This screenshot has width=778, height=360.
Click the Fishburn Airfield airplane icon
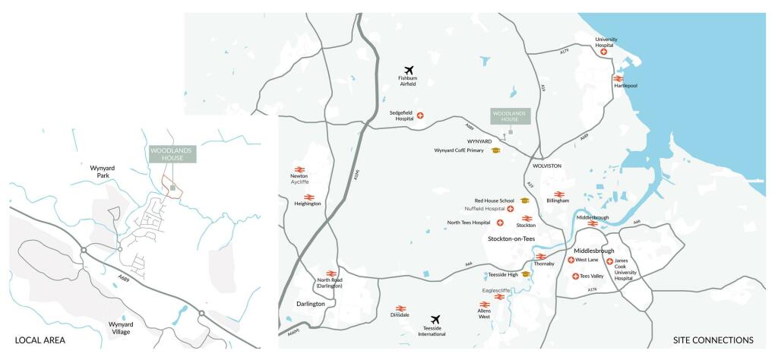coord(408,69)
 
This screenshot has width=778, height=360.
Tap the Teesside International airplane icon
coord(435,320)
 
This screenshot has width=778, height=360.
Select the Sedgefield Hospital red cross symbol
coord(420,115)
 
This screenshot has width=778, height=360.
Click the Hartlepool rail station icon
coord(618,77)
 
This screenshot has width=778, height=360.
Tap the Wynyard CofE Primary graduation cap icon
coord(495,150)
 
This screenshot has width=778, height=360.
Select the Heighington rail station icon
coord(309,196)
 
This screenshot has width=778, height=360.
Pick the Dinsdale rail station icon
coord(401,308)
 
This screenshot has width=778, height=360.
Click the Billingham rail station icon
coord(558,194)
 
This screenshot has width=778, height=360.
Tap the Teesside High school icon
coord(525,274)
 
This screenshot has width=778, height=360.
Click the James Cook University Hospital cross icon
coord(610,261)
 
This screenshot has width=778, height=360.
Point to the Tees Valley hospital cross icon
coord(575,276)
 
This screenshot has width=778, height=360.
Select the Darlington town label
coord(311,304)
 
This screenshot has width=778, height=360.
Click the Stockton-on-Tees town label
coord(511,238)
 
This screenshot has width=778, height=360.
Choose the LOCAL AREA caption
coord(40,339)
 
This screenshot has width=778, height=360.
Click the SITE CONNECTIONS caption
coord(713,339)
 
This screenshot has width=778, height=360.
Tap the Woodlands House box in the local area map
coord(172,153)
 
